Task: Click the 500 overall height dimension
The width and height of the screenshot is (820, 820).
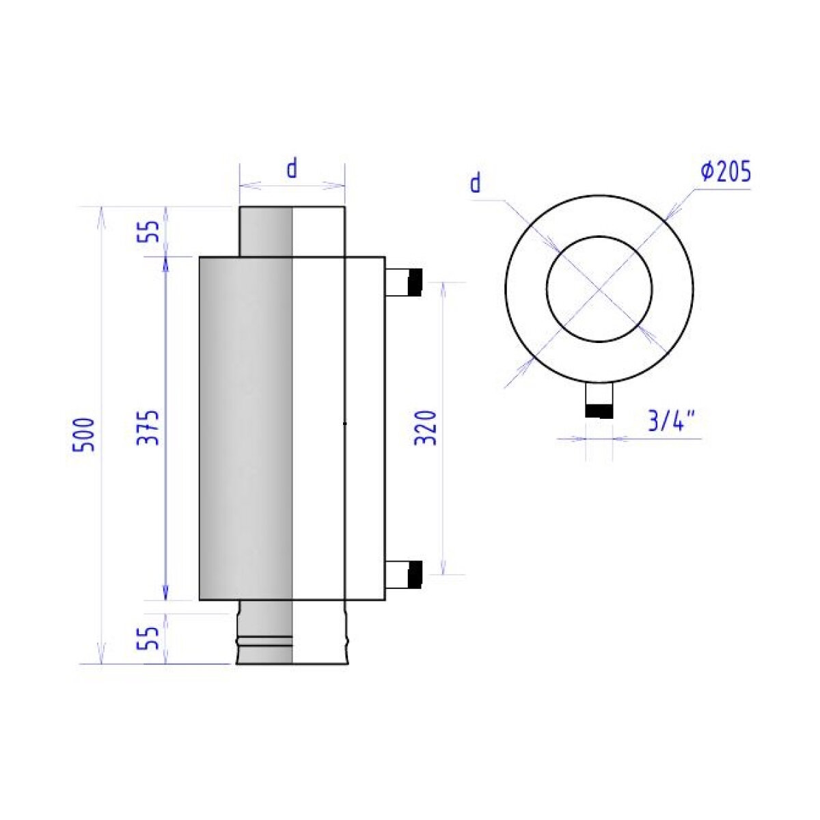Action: tap(83, 435)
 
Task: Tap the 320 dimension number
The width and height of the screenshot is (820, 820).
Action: tap(425, 428)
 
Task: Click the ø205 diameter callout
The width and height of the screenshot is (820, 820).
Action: tap(726, 172)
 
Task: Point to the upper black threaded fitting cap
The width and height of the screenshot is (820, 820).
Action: tap(415, 282)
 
